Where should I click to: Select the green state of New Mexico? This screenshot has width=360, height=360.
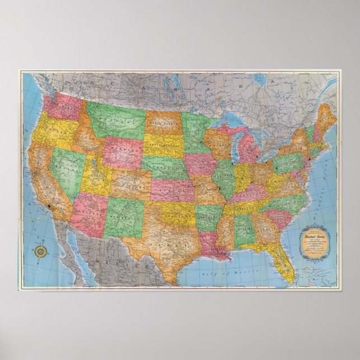(125, 212)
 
